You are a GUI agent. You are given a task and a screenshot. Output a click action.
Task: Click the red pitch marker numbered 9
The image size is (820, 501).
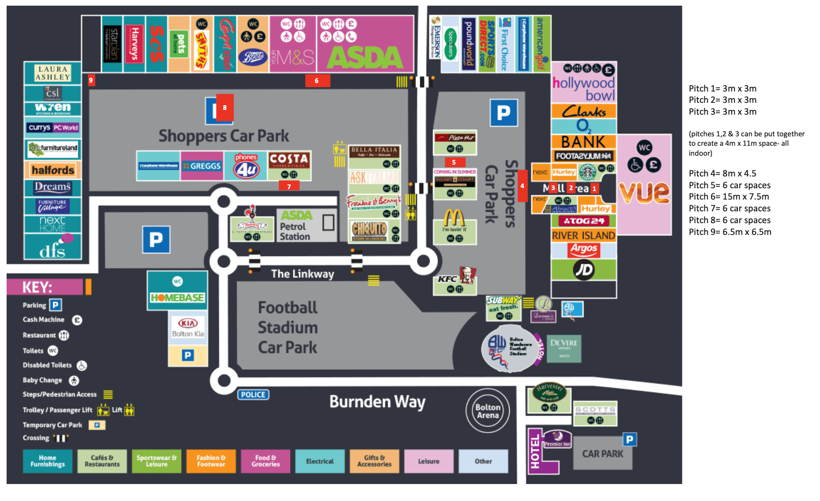(x=91, y=80)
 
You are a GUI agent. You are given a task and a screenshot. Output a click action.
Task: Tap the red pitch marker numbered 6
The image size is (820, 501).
(x=317, y=81)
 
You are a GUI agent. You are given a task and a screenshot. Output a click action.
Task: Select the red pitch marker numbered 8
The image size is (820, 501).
(x=225, y=108)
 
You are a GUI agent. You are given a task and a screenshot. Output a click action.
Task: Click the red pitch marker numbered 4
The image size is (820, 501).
(x=522, y=186)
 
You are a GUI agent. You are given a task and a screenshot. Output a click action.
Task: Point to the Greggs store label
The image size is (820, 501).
(x=202, y=166)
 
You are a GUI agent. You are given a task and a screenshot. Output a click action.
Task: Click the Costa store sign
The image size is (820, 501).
(x=289, y=160)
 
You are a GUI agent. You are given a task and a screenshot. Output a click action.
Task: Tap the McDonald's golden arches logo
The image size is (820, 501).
(x=454, y=218)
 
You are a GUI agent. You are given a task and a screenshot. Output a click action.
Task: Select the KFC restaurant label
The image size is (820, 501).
(x=447, y=279)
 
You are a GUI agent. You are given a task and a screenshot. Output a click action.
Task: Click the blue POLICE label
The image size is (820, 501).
(x=253, y=394)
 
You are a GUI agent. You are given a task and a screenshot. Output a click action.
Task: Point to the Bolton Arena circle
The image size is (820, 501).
(x=487, y=411)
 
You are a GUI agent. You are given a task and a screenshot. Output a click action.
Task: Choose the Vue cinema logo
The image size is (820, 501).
(x=644, y=192)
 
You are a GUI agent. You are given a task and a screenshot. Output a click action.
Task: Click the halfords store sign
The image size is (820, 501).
(x=53, y=170)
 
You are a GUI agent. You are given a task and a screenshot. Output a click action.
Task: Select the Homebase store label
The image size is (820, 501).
(x=177, y=297)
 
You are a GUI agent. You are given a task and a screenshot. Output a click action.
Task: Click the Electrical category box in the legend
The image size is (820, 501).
(x=320, y=461)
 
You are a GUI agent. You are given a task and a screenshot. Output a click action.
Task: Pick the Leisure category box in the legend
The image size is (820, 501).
(x=428, y=461)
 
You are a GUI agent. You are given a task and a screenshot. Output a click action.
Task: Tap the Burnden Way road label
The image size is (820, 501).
(x=377, y=402)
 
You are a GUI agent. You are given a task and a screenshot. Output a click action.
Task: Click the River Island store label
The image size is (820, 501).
(x=584, y=235)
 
